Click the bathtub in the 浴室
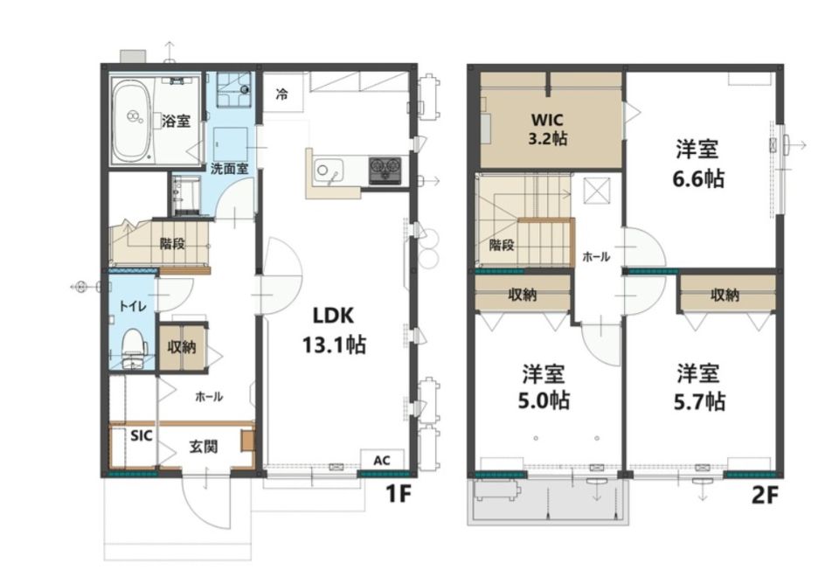[132, 121]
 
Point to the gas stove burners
[385, 170]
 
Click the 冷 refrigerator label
[281, 94]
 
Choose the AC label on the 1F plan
[381, 461]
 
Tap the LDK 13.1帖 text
[334, 330]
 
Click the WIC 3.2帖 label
[548, 129]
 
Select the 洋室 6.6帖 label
[698, 163]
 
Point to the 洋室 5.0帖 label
[544, 387]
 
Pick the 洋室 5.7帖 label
[699, 387]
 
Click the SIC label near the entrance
[142, 435]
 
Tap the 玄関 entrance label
[204, 447]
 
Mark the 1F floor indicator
[399, 495]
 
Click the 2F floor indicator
[764, 496]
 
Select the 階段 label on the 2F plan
[502, 245]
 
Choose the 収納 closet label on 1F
[182, 347]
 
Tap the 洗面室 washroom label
[229, 169]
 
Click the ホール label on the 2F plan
[596, 257]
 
